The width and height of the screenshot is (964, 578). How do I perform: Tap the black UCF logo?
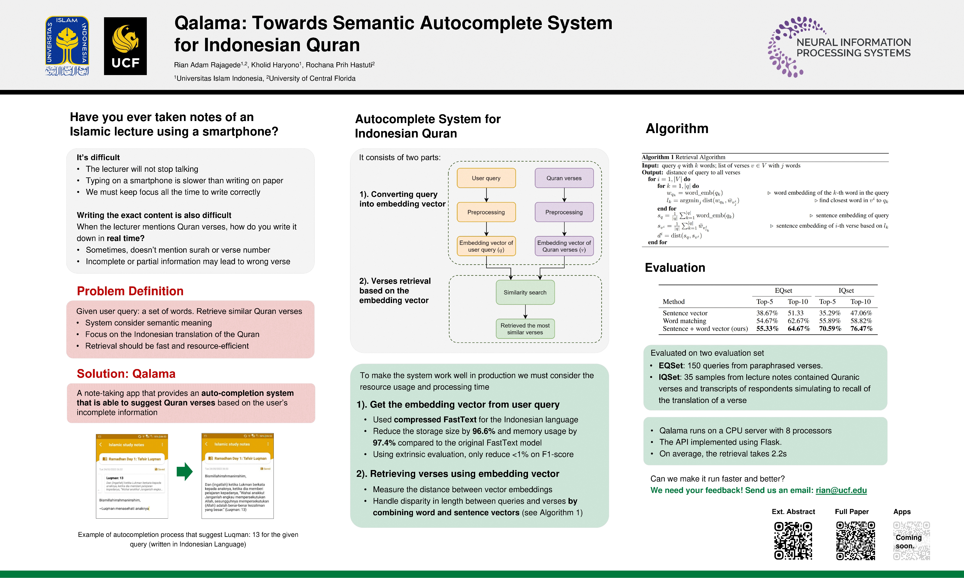(125, 46)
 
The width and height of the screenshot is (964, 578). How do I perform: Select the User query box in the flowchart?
(486, 178)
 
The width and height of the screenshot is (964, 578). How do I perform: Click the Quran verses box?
(564, 178)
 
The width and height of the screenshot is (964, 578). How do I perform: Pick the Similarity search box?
(525, 292)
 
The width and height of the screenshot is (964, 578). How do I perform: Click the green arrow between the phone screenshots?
(184, 472)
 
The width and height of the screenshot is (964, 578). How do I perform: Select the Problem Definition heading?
(130, 291)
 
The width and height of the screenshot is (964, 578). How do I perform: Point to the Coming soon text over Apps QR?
(909, 541)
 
